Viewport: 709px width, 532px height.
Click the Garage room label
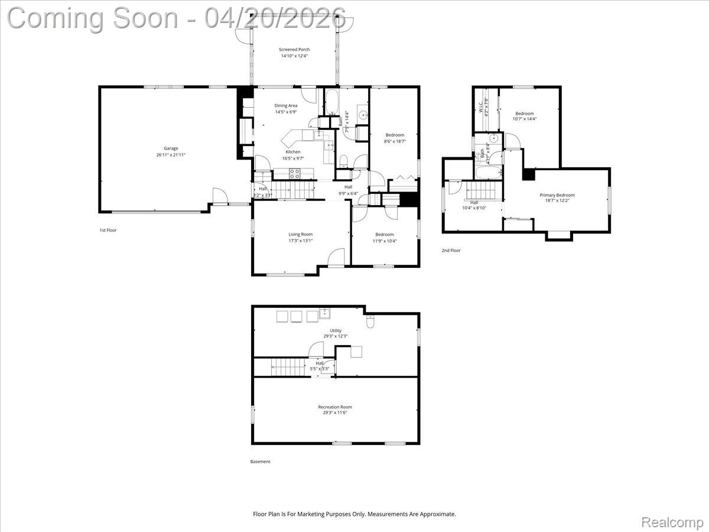pos(167,148)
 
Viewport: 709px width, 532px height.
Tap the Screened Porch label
pos(294,50)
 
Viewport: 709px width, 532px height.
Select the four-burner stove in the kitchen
pos(294,173)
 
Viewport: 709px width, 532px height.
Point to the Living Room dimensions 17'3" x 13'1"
pos(300,241)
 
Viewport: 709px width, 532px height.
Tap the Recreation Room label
pos(335,407)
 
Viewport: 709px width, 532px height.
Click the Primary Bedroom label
pos(557,195)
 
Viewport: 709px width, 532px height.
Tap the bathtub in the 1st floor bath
pos(331,102)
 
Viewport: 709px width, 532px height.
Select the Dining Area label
pos(285,106)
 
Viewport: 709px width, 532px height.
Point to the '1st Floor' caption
pos(108,230)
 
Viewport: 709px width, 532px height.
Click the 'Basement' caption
pos(260,462)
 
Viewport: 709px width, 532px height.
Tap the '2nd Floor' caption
pos(451,251)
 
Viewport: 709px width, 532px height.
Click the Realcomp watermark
pos(672,522)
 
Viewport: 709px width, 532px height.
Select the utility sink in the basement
pos(324,313)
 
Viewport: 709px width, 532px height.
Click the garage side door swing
pos(219,196)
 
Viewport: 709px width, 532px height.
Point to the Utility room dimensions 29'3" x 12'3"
pos(336,336)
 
